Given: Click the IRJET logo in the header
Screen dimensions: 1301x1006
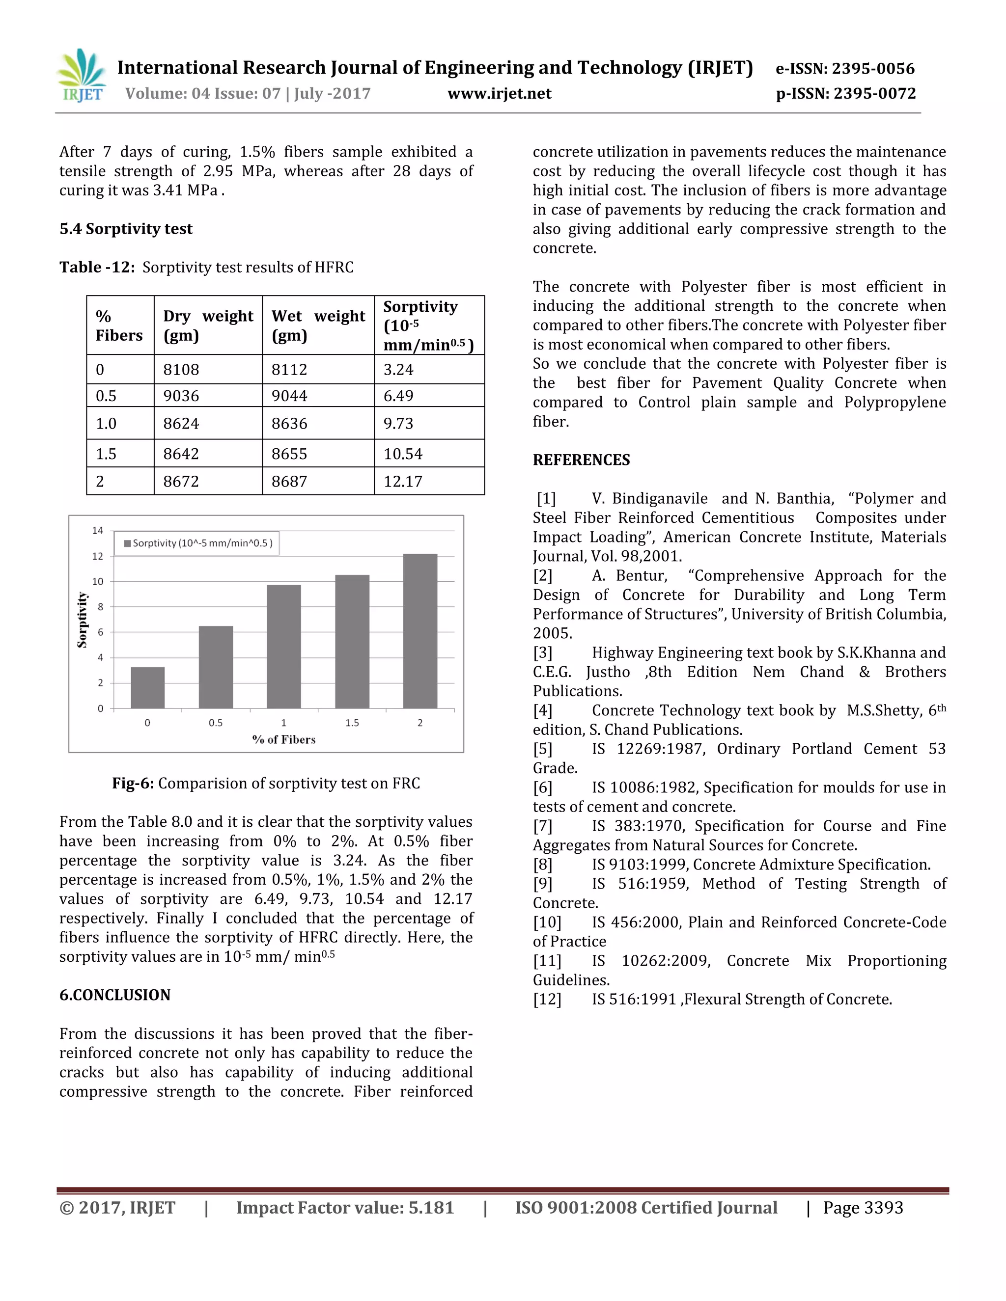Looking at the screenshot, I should pos(82,76).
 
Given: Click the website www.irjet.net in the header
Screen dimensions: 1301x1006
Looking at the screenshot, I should pos(499,93).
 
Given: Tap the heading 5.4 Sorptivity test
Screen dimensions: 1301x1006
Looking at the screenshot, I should pos(126,229).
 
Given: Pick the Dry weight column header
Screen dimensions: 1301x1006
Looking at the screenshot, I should pos(207,325).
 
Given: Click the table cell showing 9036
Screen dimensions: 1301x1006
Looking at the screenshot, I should pos(181,396).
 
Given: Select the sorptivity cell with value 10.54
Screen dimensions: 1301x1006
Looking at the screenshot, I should pos(403,454).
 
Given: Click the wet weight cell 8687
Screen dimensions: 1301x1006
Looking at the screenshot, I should pos(289,481).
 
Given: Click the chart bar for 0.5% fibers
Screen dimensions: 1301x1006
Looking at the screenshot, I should pos(216,667).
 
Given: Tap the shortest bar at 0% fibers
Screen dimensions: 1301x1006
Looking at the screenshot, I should pos(147,687).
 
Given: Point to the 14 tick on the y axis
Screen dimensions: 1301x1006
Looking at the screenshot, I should pos(97,530).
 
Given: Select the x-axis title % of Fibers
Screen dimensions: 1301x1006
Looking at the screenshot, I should pos(284,739).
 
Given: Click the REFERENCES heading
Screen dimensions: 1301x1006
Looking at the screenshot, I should pos(581,460).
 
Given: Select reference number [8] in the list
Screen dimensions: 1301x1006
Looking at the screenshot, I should pos(542,865).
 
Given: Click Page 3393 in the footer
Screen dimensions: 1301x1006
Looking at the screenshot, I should pos(863,1208).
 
